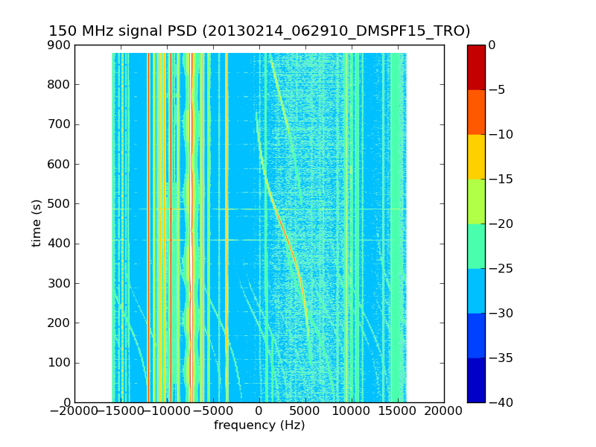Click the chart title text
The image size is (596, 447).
click(259, 31)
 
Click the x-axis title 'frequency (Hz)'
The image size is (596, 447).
click(259, 425)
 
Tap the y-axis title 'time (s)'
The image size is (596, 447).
click(37, 223)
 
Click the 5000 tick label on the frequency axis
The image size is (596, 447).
click(305, 411)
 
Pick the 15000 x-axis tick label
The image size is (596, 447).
click(398, 411)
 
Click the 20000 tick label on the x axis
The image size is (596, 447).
click(444, 411)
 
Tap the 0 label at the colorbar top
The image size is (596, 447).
click(492, 45)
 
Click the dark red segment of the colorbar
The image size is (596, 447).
click(476, 67)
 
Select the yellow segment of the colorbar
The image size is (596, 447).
click(476, 156)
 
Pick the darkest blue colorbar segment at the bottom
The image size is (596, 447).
click(476, 380)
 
